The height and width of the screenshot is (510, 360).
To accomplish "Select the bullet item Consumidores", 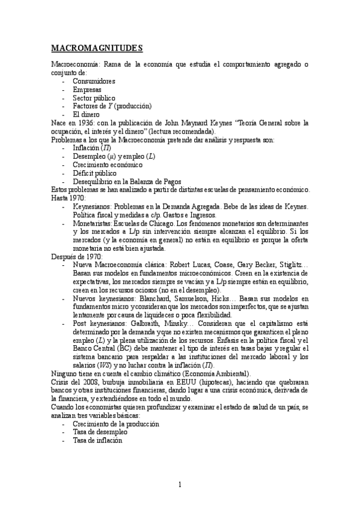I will pos(94,81).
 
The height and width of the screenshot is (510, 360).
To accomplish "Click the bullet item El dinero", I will pos(86,114).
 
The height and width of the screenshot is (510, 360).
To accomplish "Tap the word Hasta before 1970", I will pos(58,198).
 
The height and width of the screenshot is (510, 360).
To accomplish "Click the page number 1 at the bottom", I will pos(180,485).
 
